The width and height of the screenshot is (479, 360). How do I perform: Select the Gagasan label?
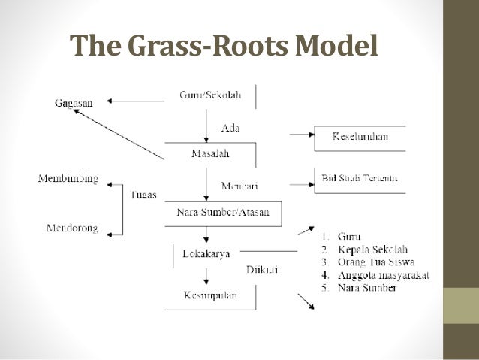point(74,102)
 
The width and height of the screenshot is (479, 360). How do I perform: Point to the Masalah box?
point(209,154)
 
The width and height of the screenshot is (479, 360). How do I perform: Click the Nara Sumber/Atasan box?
point(223,212)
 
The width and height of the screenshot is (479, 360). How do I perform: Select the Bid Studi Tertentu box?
point(360,179)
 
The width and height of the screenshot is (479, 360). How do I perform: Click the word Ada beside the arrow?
point(230,128)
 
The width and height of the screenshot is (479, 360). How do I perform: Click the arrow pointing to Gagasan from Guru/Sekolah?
point(135,100)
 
